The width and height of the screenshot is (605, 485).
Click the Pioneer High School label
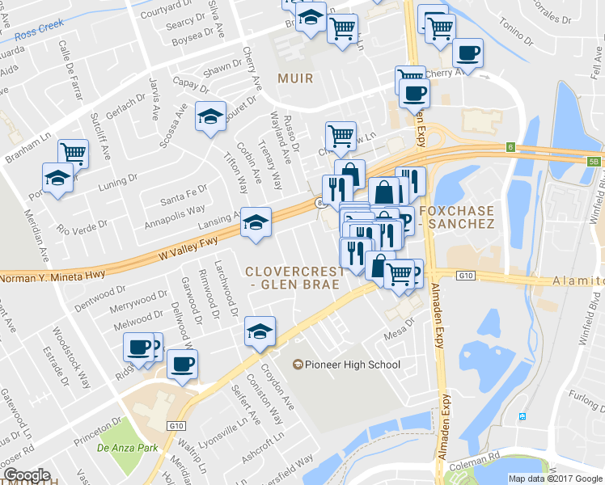pos(351,365)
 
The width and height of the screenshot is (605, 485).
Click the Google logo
pos(27,475)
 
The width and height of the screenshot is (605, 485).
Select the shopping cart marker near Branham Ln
pos(73,152)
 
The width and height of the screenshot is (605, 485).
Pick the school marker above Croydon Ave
pos(259,331)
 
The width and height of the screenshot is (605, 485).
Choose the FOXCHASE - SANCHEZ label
pos(456,216)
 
